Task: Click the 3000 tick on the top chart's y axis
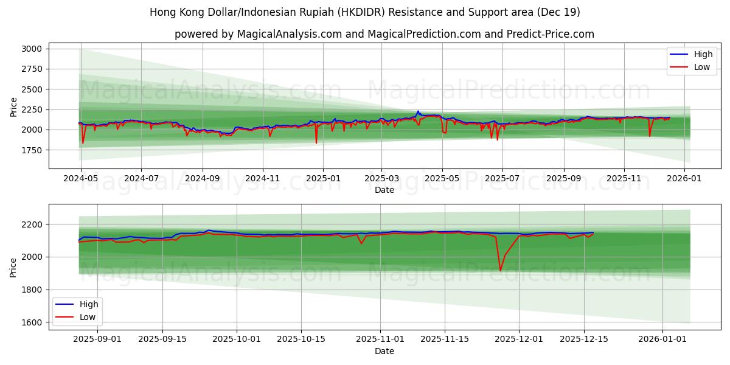coord(32,49)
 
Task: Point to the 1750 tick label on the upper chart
coord(32,150)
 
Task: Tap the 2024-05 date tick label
coord(81,179)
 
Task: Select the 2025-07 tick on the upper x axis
coord(502,179)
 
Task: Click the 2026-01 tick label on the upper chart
coord(684,179)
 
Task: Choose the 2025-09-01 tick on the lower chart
coord(97,339)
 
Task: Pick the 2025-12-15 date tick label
coord(584,339)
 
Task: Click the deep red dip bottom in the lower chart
coord(500,271)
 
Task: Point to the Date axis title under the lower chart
coord(384,351)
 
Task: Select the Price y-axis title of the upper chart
coord(14,107)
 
